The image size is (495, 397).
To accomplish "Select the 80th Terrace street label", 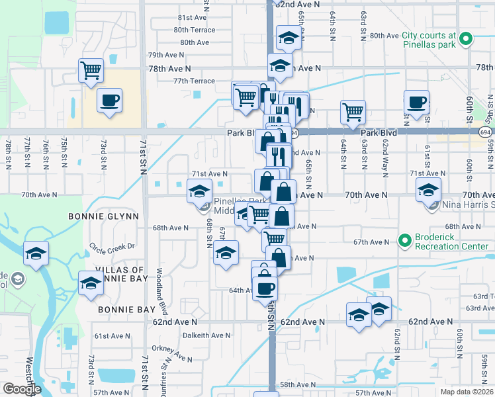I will point(194,30).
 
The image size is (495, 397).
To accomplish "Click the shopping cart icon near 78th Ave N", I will point(91,69).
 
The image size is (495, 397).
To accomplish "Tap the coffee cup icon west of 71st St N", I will point(109,100).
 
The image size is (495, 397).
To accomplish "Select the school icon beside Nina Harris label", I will point(428,190).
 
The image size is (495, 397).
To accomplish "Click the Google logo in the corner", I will point(21,389).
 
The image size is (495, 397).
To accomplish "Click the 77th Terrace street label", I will point(194,81).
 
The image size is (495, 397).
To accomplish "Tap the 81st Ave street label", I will point(193,17).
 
